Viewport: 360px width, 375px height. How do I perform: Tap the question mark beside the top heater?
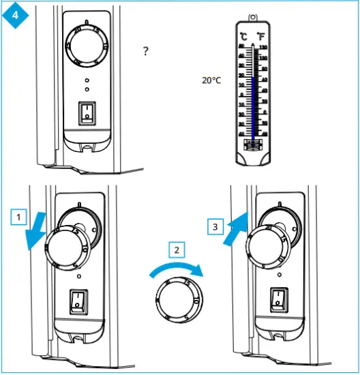146,52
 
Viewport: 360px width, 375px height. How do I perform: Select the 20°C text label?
212,80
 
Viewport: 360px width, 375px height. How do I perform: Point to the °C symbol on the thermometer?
243,36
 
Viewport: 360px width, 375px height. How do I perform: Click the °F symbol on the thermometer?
261,36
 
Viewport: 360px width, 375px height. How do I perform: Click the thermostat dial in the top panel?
86,46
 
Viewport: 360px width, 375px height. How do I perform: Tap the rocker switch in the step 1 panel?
80,300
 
